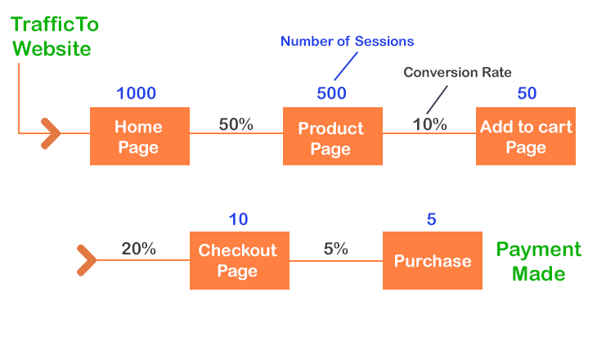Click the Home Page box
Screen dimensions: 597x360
coord(140,136)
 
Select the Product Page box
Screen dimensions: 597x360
coord(333,136)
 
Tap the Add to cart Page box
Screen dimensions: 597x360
coord(526,136)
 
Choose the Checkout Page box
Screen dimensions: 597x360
coord(240,260)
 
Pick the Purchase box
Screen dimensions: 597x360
coord(433,260)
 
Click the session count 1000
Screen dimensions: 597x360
coord(137,93)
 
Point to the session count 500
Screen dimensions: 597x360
coord(332,93)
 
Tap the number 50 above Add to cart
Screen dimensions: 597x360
coord(527,93)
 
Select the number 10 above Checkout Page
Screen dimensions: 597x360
coord(238,219)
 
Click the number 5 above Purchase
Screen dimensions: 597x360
coord(431,219)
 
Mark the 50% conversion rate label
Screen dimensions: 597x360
coord(236,124)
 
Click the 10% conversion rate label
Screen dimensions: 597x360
coord(430,124)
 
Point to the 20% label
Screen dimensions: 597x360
coord(138,250)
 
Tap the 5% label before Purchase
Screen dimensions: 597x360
coord(336,250)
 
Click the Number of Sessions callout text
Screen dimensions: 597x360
coord(348,41)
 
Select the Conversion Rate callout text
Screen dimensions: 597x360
coord(457,72)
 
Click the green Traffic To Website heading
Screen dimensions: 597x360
coord(55,37)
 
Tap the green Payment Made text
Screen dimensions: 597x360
coord(539,261)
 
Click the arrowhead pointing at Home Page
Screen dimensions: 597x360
coord(51,133)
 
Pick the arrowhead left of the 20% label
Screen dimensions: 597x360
coord(87,260)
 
